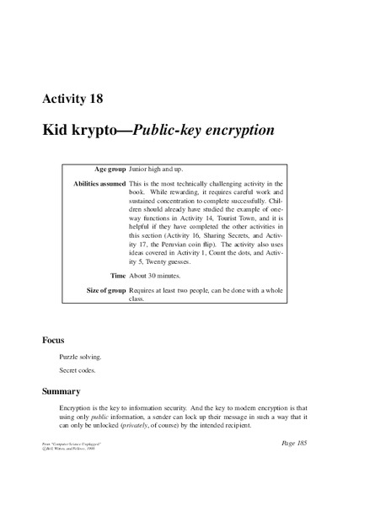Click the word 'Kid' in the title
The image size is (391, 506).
tap(57, 132)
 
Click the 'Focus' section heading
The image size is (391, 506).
tap(56, 341)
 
